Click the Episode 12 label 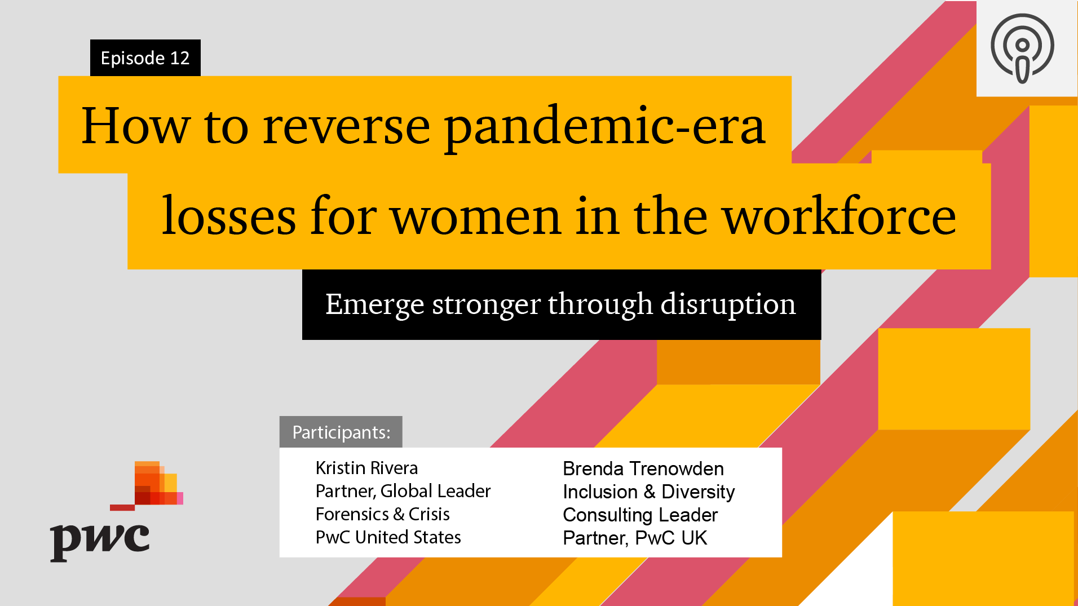coord(145,57)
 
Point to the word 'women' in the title coord(476,216)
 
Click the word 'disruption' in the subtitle coord(728,304)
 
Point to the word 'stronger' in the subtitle coord(486,305)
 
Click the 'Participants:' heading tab coord(341,432)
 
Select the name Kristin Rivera coord(366,468)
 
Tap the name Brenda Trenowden coord(643,468)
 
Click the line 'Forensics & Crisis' coord(382,514)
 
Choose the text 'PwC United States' coord(388,537)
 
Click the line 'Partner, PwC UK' coord(635,538)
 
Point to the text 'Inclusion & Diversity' coord(649,492)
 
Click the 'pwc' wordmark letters coord(100,541)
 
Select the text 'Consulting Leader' coord(640,515)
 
